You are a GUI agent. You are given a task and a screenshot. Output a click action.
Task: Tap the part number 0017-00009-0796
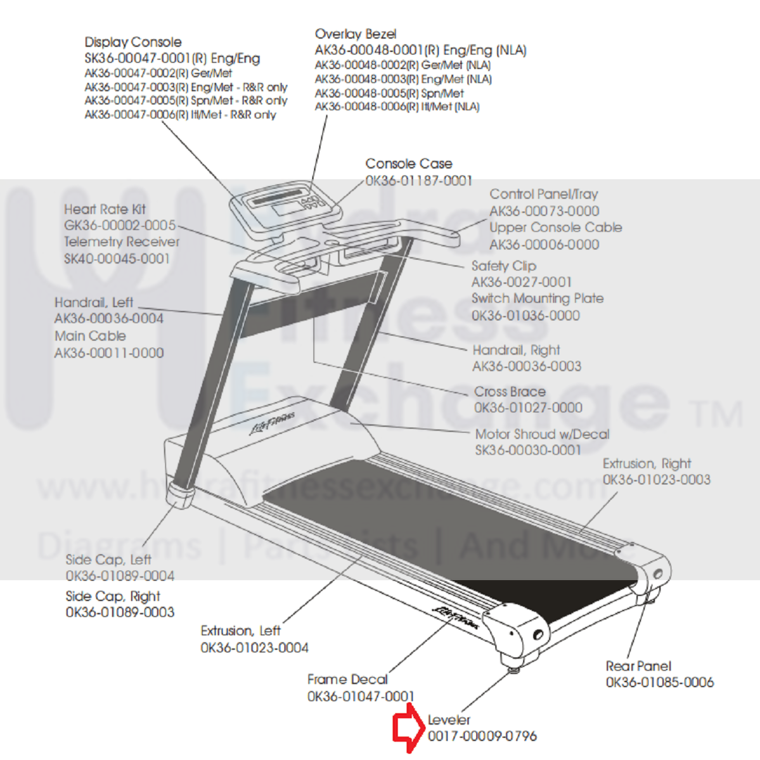(x=482, y=737)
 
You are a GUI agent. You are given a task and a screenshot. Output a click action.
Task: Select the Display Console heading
(x=133, y=42)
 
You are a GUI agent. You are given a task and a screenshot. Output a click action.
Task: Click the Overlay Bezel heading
(x=356, y=34)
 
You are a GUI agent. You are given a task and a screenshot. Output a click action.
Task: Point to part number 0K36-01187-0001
(x=418, y=181)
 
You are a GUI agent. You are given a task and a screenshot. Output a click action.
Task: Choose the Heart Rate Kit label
(x=105, y=209)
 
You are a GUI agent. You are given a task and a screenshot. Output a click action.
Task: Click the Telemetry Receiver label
(x=122, y=242)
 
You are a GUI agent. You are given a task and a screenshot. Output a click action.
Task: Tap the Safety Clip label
(x=503, y=266)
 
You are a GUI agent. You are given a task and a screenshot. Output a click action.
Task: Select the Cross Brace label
(x=510, y=392)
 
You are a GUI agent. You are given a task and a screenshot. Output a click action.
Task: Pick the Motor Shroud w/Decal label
(x=542, y=434)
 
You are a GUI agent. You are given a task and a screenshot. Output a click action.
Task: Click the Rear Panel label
(x=638, y=666)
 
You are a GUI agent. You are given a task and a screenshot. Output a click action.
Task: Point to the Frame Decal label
(x=347, y=679)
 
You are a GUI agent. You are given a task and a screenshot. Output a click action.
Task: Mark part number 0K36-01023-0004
(x=254, y=648)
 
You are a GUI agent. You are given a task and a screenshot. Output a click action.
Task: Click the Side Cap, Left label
(x=108, y=560)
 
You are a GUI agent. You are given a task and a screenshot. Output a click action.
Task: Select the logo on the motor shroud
(x=272, y=423)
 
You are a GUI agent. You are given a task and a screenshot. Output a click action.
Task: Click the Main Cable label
(x=90, y=336)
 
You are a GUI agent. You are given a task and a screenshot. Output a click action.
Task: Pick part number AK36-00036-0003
(x=526, y=366)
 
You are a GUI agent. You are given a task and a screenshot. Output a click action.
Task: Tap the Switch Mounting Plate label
(x=537, y=299)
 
